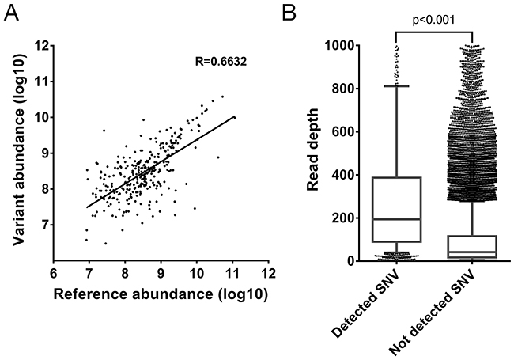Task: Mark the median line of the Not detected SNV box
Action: (x=472, y=252)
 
